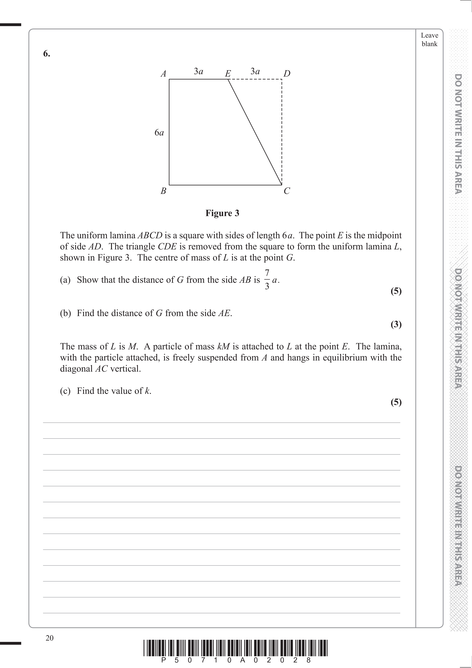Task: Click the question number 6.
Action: [47, 54]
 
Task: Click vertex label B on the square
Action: [163, 191]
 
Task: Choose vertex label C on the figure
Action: [287, 191]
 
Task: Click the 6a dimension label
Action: [159, 133]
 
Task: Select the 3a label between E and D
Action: [255, 71]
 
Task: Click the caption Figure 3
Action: [222, 213]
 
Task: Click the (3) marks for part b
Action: [396, 324]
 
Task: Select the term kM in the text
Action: [224, 346]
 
